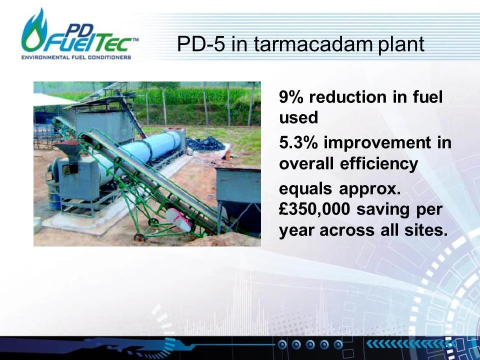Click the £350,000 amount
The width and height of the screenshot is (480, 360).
coord(314,209)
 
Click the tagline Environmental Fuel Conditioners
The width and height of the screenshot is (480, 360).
coord(76,57)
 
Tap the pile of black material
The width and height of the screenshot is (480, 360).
coord(205,143)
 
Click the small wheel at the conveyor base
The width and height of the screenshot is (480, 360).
coord(139,237)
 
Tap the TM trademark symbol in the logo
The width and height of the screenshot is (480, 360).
coord(135,39)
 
